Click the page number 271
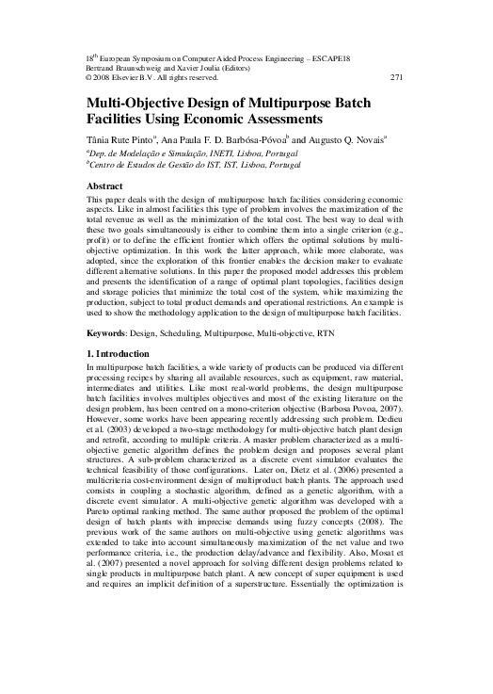tap(394, 77)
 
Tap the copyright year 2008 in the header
tap(104, 77)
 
